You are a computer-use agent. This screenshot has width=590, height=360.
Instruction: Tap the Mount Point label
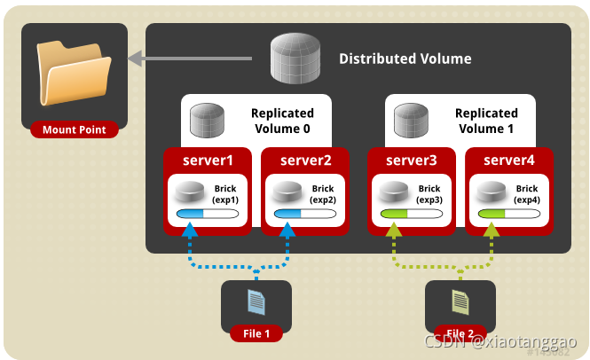click(75, 130)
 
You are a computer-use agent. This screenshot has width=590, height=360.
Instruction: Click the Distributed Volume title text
click(405, 59)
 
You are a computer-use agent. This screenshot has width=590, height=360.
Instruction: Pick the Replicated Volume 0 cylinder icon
click(208, 120)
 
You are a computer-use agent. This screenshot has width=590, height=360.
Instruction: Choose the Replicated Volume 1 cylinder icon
click(413, 120)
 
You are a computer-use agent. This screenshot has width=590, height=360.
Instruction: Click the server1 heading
click(208, 160)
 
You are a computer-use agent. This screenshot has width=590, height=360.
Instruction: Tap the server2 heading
click(305, 160)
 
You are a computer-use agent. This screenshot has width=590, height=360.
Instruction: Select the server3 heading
click(412, 160)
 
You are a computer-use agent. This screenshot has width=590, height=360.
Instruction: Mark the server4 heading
click(509, 160)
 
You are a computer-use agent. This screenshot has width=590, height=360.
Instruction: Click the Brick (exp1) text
click(225, 194)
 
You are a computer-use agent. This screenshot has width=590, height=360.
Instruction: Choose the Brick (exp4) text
click(527, 194)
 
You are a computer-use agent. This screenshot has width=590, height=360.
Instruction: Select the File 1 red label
click(256, 333)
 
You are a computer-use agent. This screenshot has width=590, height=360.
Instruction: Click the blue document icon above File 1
click(256, 302)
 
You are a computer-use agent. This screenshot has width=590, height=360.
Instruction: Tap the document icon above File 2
click(460, 302)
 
